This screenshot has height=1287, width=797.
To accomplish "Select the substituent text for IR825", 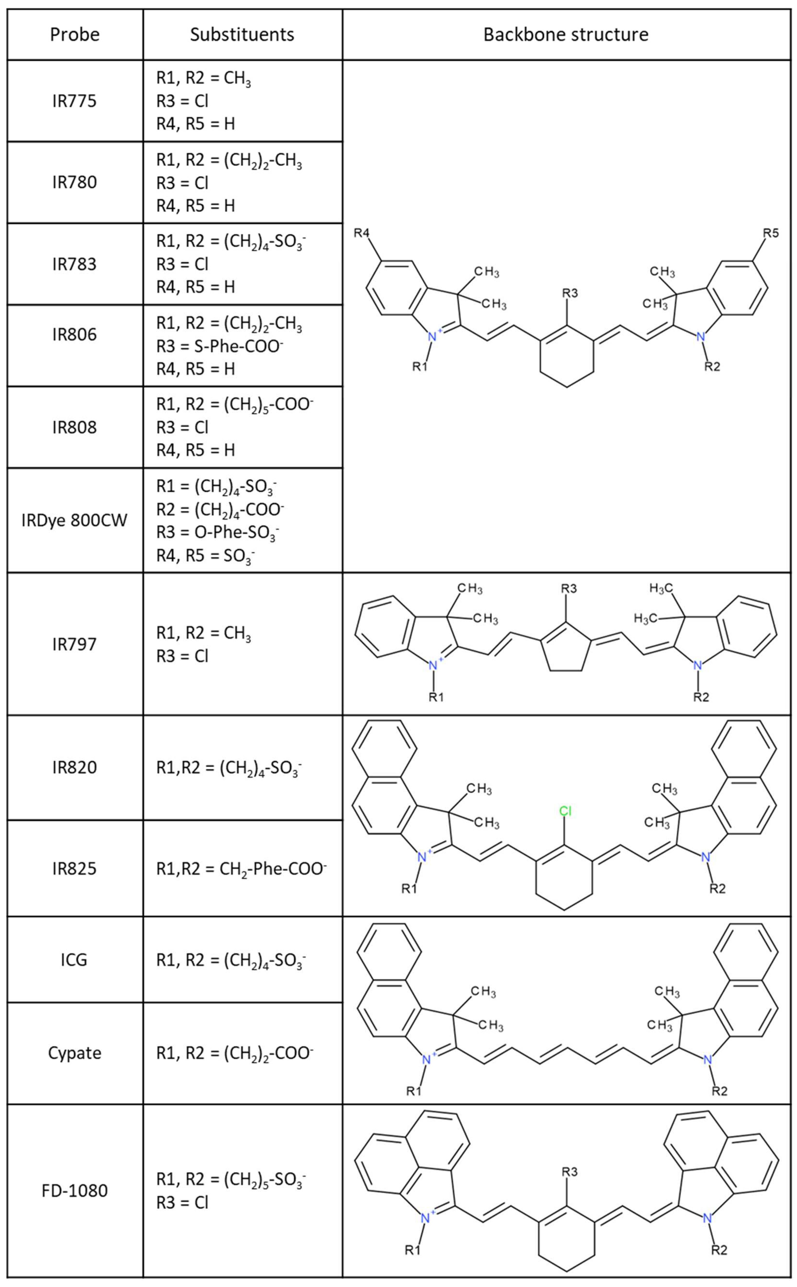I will [242, 869].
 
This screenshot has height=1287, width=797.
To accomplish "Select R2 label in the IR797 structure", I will [701, 697].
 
